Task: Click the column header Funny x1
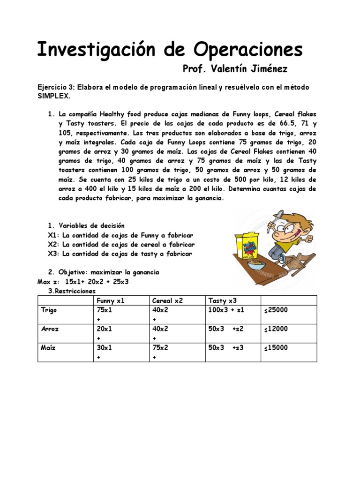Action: pyautogui.click(x=111, y=301)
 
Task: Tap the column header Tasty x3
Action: pyautogui.click(x=222, y=301)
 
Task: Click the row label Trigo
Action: pyautogui.click(x=49, y=310)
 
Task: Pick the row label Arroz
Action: pyautogui.click(x=50, y=329)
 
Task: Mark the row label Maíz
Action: pyautogui.click(x=48, y=348)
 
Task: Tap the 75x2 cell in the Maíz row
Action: pyautogui.click(x=160, y=348)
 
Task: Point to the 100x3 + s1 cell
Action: pyautogui.click(x=226, y=310)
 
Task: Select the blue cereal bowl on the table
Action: pyautogui.click(x=255, y=266)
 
